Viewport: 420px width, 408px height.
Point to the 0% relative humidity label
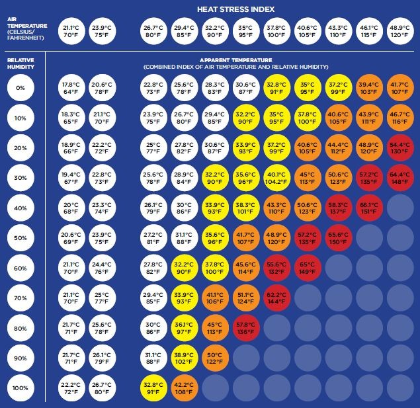point(21,89)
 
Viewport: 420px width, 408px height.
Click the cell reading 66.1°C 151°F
point(369,208)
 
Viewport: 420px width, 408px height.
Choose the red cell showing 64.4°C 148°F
point(399,178)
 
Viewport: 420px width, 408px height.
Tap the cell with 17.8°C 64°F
point(70,89)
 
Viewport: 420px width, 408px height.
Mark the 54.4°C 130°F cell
point(399,148)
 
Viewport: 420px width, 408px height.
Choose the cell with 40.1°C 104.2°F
point(277,178)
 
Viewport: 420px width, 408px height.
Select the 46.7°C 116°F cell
point(399,118)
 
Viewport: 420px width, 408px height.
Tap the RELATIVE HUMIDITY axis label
point(21,62)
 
